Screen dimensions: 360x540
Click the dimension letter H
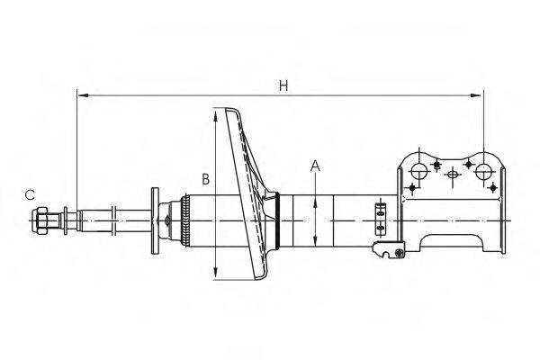[283, 85]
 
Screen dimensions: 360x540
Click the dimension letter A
[316, 165]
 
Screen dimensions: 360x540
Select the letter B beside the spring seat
[206, 179]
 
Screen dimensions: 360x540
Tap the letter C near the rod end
[30, 194]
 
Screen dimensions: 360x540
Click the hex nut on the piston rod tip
[41, 219]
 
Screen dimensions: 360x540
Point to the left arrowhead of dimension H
[81, 94]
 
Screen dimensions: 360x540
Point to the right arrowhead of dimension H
[480, 94]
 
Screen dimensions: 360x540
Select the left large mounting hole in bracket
[418, 171]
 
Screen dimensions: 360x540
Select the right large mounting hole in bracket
[483, 171]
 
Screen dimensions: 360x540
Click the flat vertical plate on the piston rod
[154, 220]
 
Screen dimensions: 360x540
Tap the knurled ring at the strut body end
[184, 220]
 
